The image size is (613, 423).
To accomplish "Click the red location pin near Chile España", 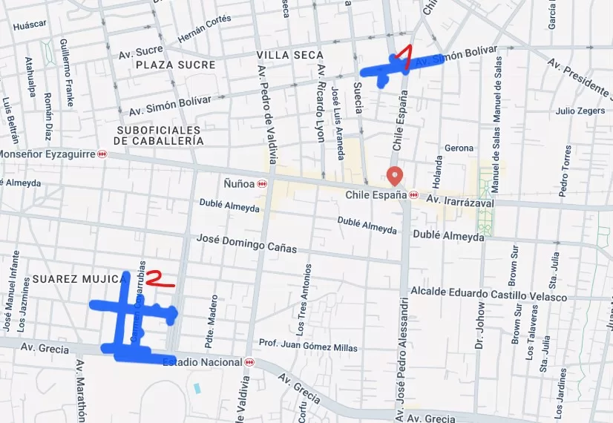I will tap(395, 176).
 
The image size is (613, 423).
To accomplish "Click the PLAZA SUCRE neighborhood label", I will tap(176, 65).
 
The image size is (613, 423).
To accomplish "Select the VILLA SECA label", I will tap(290, 55).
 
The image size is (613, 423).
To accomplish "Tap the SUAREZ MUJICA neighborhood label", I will tap(77, 279).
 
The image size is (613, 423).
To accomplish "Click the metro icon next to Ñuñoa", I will tap(261, 183).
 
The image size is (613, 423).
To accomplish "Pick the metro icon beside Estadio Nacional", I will tap(249, 362).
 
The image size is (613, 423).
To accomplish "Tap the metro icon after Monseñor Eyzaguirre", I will tap(102, 154).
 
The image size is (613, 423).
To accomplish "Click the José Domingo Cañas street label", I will tap(246, 243).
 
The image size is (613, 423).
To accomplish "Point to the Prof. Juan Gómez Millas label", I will tap(308, 345).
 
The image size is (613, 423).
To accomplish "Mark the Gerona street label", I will tap(459, 148).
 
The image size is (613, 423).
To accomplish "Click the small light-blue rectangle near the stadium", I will tap(197, 388).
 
